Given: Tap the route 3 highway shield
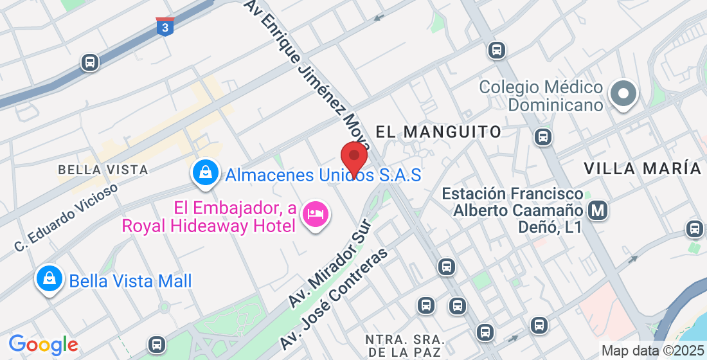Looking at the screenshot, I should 165,27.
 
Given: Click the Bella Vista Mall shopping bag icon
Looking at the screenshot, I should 49,279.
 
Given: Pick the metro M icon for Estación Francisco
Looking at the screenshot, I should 598,210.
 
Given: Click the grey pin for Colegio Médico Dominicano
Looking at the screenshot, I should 623,93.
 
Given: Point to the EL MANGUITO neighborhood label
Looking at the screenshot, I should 438,132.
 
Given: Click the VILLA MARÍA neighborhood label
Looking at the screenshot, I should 642,169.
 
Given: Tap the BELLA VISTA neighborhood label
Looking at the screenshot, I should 103,170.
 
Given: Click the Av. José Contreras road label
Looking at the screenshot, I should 334,298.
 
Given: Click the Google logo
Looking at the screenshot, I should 44,345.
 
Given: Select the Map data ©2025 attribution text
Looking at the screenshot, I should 653,351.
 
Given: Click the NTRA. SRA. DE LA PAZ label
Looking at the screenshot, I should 404,345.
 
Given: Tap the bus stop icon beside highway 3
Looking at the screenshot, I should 89,62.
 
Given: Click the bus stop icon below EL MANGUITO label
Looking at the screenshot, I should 543,136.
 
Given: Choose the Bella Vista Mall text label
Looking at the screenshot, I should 130,281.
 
